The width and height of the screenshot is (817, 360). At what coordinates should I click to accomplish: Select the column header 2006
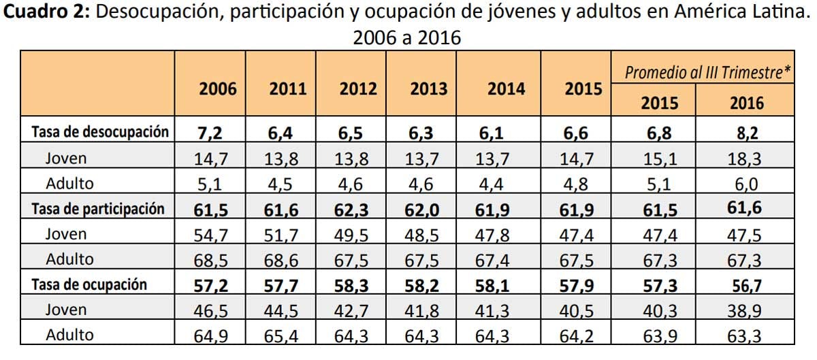pos(218,89)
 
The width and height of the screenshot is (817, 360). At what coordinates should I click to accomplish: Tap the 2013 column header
pos(428,89)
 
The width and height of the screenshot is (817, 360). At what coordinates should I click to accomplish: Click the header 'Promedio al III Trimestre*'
pos(707,72)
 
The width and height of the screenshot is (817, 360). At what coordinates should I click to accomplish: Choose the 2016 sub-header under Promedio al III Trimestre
pos(746,103)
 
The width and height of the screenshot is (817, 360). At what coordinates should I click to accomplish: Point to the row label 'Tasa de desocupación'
pos(99,132)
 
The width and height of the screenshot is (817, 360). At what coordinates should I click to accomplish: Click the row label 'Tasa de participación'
pos(98,209)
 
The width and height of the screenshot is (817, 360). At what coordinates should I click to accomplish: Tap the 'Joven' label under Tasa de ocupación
pos(66,310)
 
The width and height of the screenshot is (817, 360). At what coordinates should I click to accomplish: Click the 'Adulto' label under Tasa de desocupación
pos(69,183)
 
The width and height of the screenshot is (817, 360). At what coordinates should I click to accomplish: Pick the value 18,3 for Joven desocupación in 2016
pos(746,159)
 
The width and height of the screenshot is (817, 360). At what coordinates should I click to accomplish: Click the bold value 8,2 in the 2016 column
pos(746,133)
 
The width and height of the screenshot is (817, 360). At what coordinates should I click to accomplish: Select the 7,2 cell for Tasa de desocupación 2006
pos(210,133)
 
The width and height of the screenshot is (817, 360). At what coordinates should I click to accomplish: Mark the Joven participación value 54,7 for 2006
pos(210,235)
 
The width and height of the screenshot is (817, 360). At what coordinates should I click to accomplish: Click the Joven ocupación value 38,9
pos(746,310)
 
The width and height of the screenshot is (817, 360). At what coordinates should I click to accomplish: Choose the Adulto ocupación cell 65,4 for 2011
pos(283,336)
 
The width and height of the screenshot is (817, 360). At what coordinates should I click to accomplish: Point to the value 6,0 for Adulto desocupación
pos(746,184)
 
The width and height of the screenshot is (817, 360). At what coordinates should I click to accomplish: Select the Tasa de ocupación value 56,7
pos(746,285)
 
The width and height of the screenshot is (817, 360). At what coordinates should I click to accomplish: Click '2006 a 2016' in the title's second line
pos(406,38)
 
